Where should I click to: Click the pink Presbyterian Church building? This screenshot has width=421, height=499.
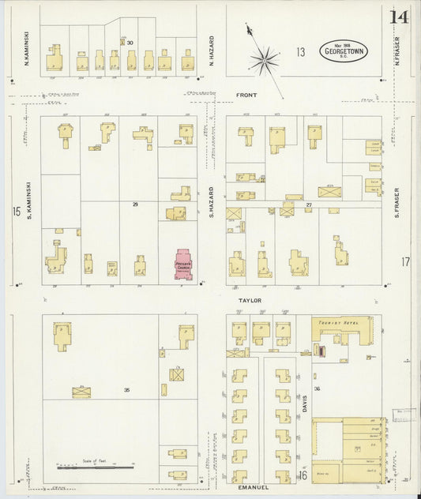pyautogui.click(x=185, y=266)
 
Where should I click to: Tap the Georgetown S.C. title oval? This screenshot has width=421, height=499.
pyautogui.click(x=344, y=52)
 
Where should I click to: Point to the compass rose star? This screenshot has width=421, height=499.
pyautogui.click(x=264, y=59)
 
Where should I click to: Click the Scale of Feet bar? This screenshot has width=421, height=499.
pyautogui.click(x=96, y=467)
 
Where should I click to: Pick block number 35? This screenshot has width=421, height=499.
pyautogui.click(x=126, y=390)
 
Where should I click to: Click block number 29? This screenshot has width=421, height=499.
pyautogui.click(x=135, y=204)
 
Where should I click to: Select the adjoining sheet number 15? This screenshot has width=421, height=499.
pyautogui.click(x=16, y=211)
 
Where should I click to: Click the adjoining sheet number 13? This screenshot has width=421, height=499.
pyautogui.click(x=300, y=52)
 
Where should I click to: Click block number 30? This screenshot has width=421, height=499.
pyautogui.click(x=130, y=43)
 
